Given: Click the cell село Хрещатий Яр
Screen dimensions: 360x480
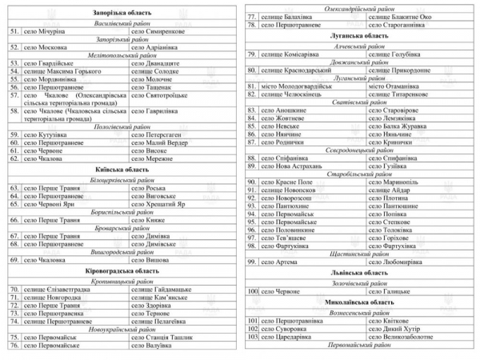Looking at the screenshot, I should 163,204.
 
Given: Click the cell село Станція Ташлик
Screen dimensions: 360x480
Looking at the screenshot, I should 163,338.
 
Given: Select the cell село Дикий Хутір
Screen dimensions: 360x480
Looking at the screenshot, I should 396,329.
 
